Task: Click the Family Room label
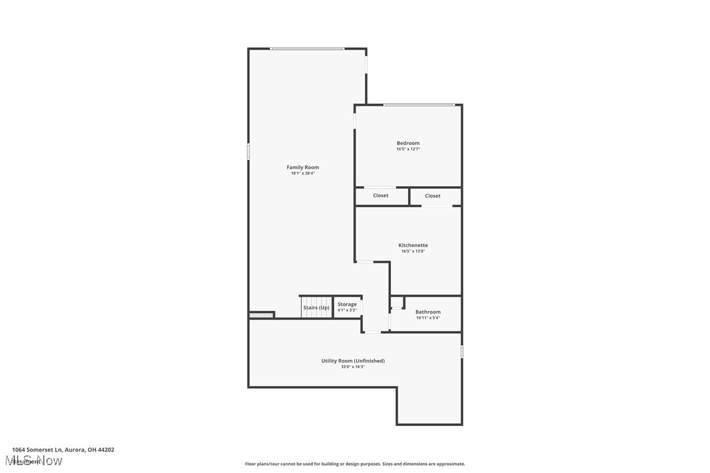click(x=303, y=167)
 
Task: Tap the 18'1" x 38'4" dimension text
click(x=303, y=173)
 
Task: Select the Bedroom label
click(x=408, y=143)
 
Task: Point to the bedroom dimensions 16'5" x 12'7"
click(x=408, y=149)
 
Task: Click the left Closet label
click(x=380, y=195)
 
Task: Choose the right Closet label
click(x=433, y=196)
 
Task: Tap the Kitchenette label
click(x=413, y=245)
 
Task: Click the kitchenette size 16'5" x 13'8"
click(x=413, y=251)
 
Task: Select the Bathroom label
click(x=428, y=312)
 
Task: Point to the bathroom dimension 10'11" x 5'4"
click(x=428, y=318)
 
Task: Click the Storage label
click(x=347, y=304)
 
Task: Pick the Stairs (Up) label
click(x=316, y=307)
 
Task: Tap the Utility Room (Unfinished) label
click(x=353, y=361)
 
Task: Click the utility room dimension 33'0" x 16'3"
click(x=353, y=367)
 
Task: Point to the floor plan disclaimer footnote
click(x=355, y=464)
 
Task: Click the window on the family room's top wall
click(x=307, y=48)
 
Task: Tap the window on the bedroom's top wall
click(x=419, y=105)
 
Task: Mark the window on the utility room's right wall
click(x=462, y=351)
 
